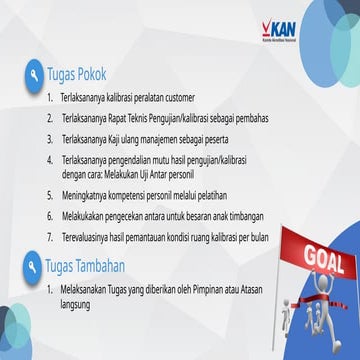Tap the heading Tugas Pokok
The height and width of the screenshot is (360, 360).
(76, 76)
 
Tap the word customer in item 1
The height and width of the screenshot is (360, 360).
(177, 100)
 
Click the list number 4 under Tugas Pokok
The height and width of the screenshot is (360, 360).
(50, 159)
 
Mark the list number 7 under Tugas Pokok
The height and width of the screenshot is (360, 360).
(50, 235)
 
